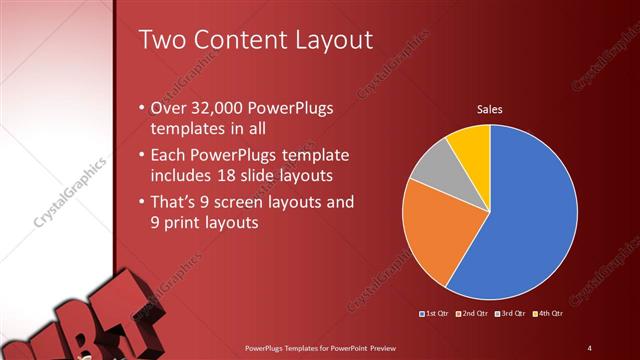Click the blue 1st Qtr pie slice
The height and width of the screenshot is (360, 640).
[x=530, y=210]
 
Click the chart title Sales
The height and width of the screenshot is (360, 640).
[x=489, y=109]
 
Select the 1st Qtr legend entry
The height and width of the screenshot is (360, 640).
[x=434, y=314]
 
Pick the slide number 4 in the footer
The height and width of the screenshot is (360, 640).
[x=589, y=347]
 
